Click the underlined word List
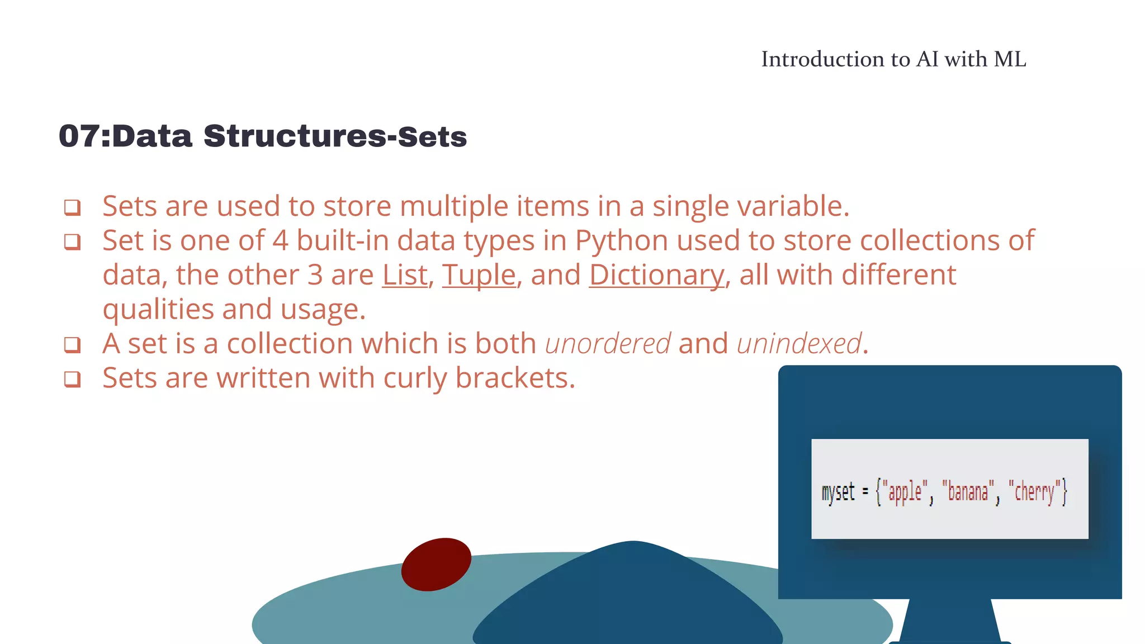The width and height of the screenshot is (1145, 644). point(404,275)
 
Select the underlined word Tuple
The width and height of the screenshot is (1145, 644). point(479,275)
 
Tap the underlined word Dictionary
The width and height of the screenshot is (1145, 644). point(656,275)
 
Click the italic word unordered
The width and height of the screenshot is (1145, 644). point(608,343)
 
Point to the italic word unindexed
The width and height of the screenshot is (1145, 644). point(799,343)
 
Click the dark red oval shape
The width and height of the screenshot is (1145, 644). point(436,564)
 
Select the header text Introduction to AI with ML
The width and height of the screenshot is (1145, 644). point(893,59)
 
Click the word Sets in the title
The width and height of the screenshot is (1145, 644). point(432,137)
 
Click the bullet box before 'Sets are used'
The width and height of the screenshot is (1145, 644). point(72,207)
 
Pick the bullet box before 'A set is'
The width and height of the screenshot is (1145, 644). point(72,345)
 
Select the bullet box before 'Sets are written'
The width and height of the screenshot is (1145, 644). point(72,379)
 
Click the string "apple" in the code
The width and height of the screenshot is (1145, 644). point(905,492)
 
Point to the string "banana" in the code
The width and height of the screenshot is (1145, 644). point(968,492)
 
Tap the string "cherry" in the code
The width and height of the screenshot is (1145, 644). point(1034,492)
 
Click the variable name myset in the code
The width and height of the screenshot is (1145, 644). point(838,492)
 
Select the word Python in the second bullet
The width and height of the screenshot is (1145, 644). point(622,241)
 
